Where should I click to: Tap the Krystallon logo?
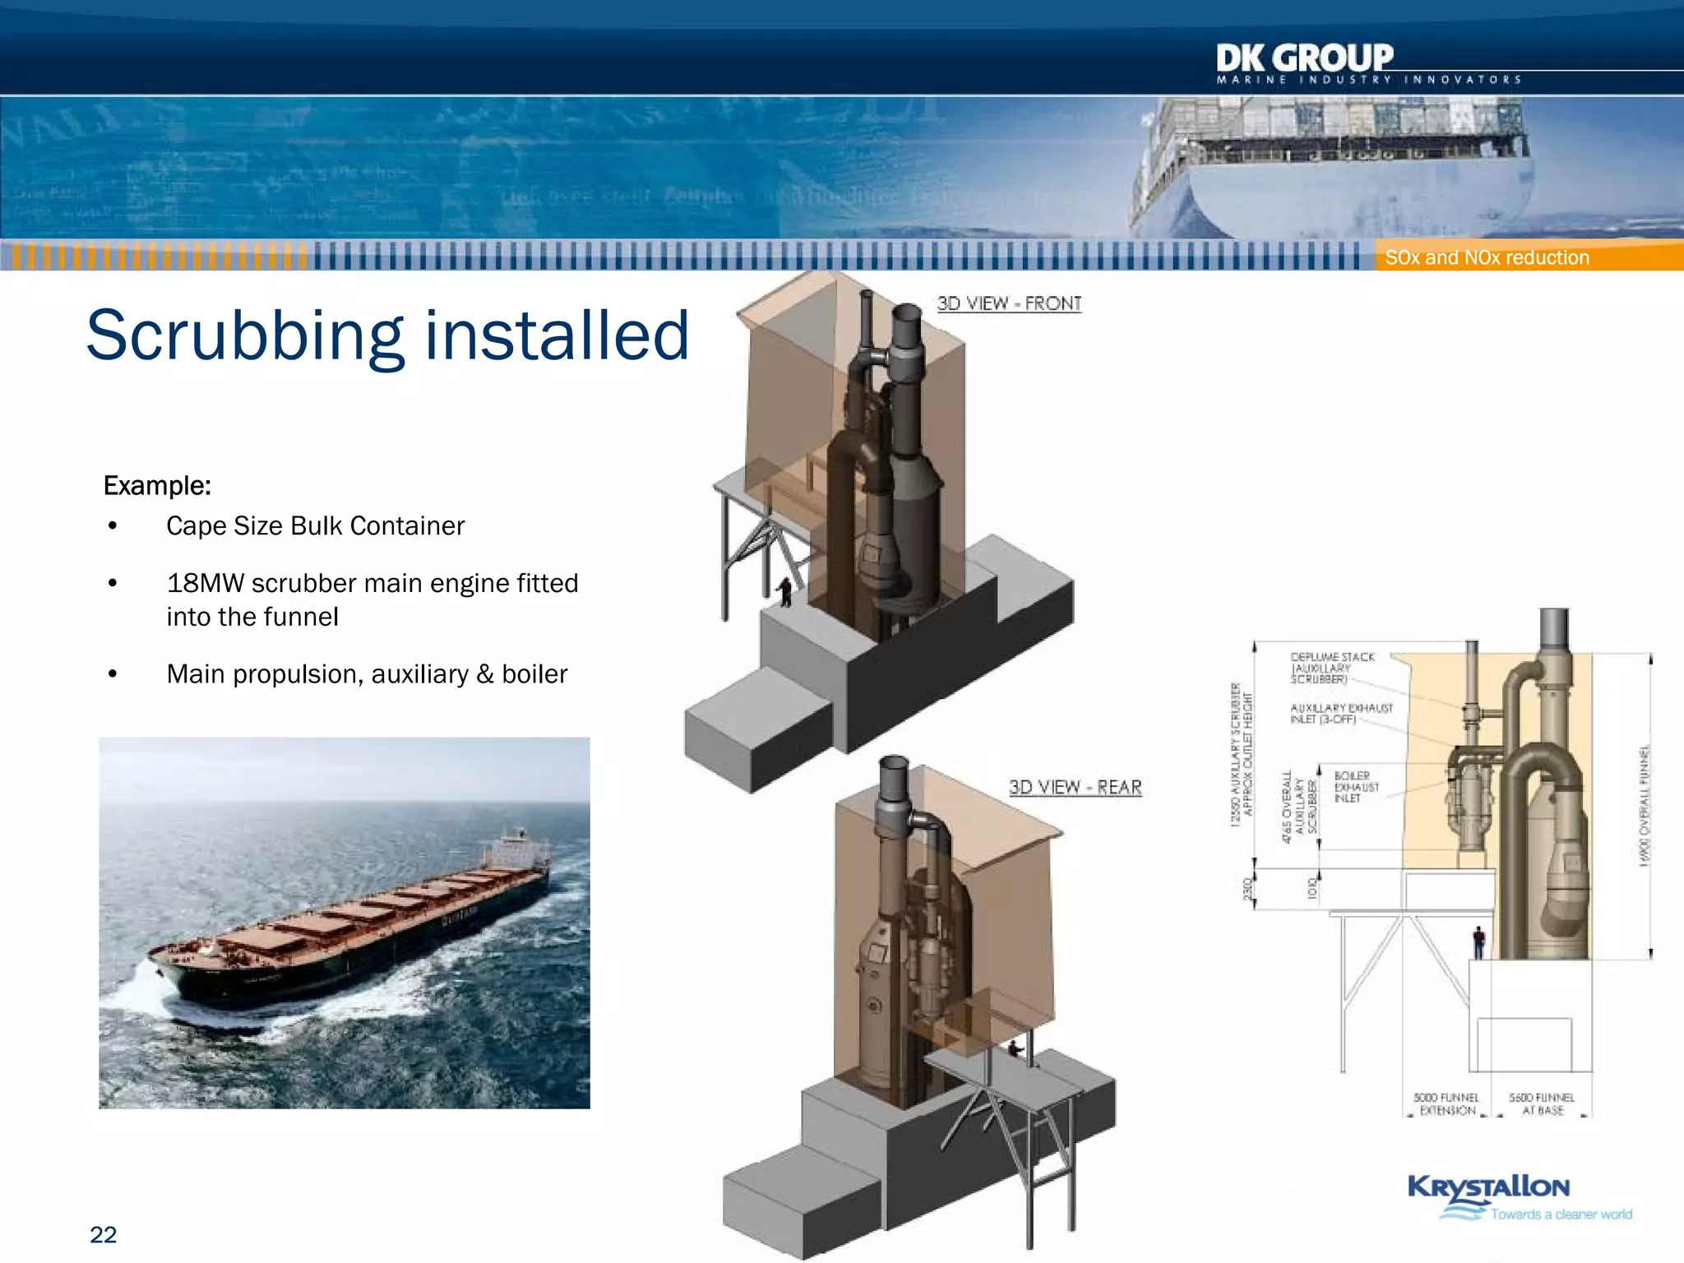pos(1488,1187)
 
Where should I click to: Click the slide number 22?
pos(103,1234)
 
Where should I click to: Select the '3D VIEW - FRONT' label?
pos(1009,303)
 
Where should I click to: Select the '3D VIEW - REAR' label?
pos(1075,787)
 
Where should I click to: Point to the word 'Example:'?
pos(157,486)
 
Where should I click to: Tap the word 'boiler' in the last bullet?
pos(534,674)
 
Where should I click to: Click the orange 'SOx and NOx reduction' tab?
pos(1487,257)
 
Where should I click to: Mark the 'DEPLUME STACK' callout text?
pos(1332,657)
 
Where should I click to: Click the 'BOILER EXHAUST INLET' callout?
pos(1355,787)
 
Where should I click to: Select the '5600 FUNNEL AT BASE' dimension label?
pos(1541,1103)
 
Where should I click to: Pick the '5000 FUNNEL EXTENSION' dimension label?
pos(1446,1103)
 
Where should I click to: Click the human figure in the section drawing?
pos(1478,941)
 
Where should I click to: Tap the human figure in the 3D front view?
pos(785,591)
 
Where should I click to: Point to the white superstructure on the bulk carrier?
pos(516,847)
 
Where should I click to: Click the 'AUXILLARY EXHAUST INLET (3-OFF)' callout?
pos(1340,713)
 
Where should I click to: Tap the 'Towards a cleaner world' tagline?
pos(1561,1214)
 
